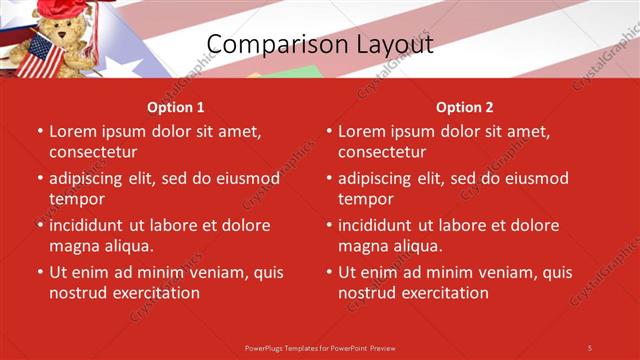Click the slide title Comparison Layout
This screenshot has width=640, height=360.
pos(320,45)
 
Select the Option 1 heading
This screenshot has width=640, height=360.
pos(176,107)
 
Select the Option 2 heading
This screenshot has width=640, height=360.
pos(465,107)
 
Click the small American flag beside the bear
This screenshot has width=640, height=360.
pos(40,57)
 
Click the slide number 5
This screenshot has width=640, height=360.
pos(590,347)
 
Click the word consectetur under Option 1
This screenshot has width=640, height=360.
pos(93,152)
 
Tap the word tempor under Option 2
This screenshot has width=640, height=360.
pos(366,199)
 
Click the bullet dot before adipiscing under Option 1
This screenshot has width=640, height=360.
pos(40,179)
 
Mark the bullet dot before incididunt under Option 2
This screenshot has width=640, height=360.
pos(329,226)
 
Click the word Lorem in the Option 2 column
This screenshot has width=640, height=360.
pos(361,131)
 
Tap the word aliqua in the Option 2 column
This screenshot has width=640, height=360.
pos(417,246)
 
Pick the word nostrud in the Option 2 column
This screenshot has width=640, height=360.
pos(370,293)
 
